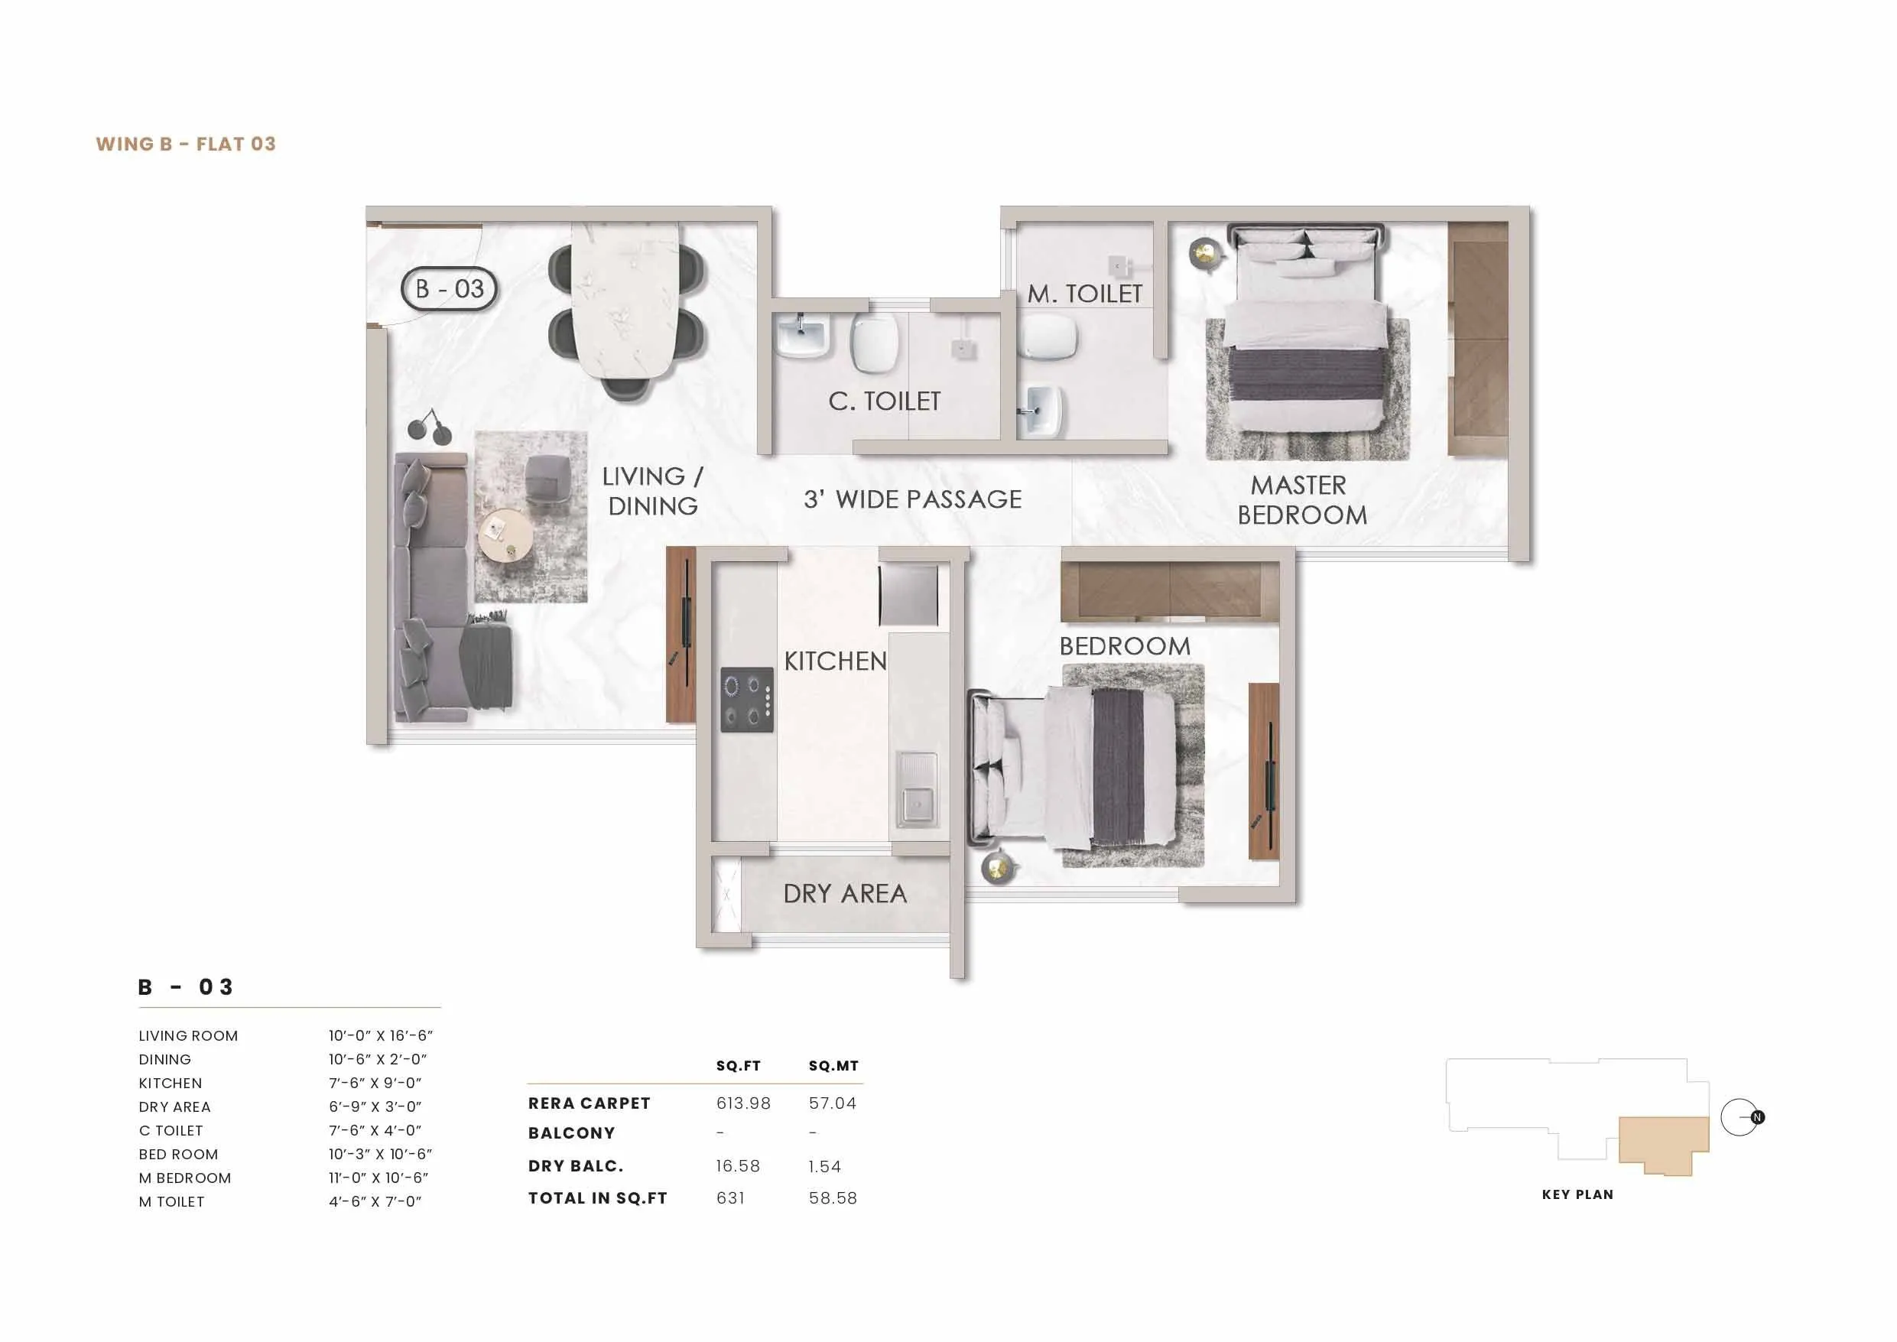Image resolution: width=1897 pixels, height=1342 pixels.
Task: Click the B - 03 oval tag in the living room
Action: coord(449,289)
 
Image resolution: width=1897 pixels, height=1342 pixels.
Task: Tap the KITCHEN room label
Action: coord(834,661)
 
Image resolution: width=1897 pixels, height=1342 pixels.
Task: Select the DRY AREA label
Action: coord(844,894)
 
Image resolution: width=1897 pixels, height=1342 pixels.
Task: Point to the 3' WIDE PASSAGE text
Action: coord(912,499)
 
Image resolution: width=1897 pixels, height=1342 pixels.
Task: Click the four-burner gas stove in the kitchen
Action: coord(747,699)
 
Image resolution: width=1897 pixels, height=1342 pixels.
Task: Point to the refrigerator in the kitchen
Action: coord(909,595)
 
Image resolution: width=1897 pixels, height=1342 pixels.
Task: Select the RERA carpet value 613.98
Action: coord(742,1103)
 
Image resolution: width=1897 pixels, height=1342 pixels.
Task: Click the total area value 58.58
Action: coord(832,1198)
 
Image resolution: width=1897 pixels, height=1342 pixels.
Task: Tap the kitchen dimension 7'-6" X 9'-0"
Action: coord(375,1083)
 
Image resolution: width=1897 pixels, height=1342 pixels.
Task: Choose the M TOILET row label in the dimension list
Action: coord(171,1201)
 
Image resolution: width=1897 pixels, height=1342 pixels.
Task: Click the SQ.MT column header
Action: coord(833,1066)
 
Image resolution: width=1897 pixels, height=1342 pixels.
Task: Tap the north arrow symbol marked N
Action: coord(1757,1117)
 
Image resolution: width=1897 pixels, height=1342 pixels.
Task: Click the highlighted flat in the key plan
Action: coord(1662,1142)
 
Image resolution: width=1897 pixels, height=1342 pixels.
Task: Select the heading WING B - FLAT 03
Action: coord(186,144)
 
